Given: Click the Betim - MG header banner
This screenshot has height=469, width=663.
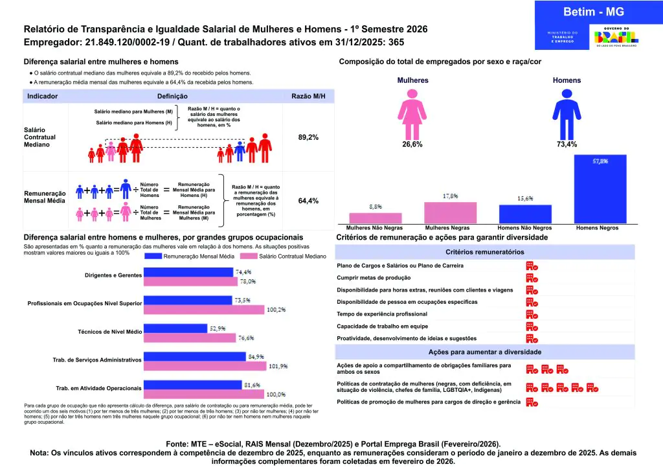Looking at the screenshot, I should [x=598, y=12].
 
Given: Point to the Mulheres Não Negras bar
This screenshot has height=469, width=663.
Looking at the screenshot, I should [x=376, y=218].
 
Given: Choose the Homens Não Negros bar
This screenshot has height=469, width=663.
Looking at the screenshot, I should [x=525, y=214].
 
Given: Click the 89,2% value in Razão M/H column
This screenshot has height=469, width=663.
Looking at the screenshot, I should [x=308, y=137].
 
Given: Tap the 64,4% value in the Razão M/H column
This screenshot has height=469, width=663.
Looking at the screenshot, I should [x=308, y=201].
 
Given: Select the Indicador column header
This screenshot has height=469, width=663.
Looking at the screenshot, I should [x=43, y=96].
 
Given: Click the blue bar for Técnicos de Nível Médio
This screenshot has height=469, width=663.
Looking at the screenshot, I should [x=175, y=328].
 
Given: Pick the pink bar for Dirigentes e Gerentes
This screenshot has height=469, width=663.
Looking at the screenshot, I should [x=192, y=281].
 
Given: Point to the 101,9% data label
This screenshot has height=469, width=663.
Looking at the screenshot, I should [x=278, y=366].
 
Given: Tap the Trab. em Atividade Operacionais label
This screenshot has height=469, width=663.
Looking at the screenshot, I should [x=98, y=388].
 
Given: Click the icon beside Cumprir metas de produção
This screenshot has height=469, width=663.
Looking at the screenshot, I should [x=532, y=278].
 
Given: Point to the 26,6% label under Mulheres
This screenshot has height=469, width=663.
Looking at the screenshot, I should [x=412, y=144].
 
